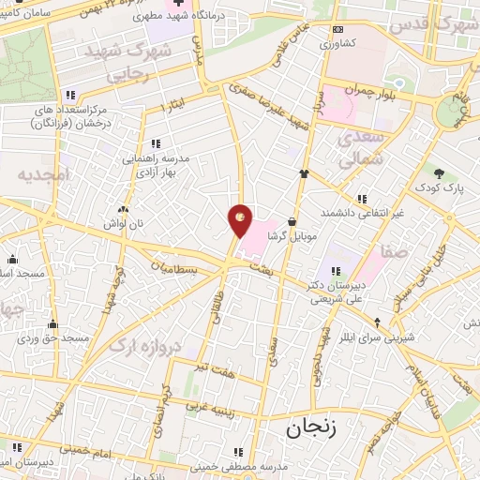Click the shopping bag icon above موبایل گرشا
[292, 222]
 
